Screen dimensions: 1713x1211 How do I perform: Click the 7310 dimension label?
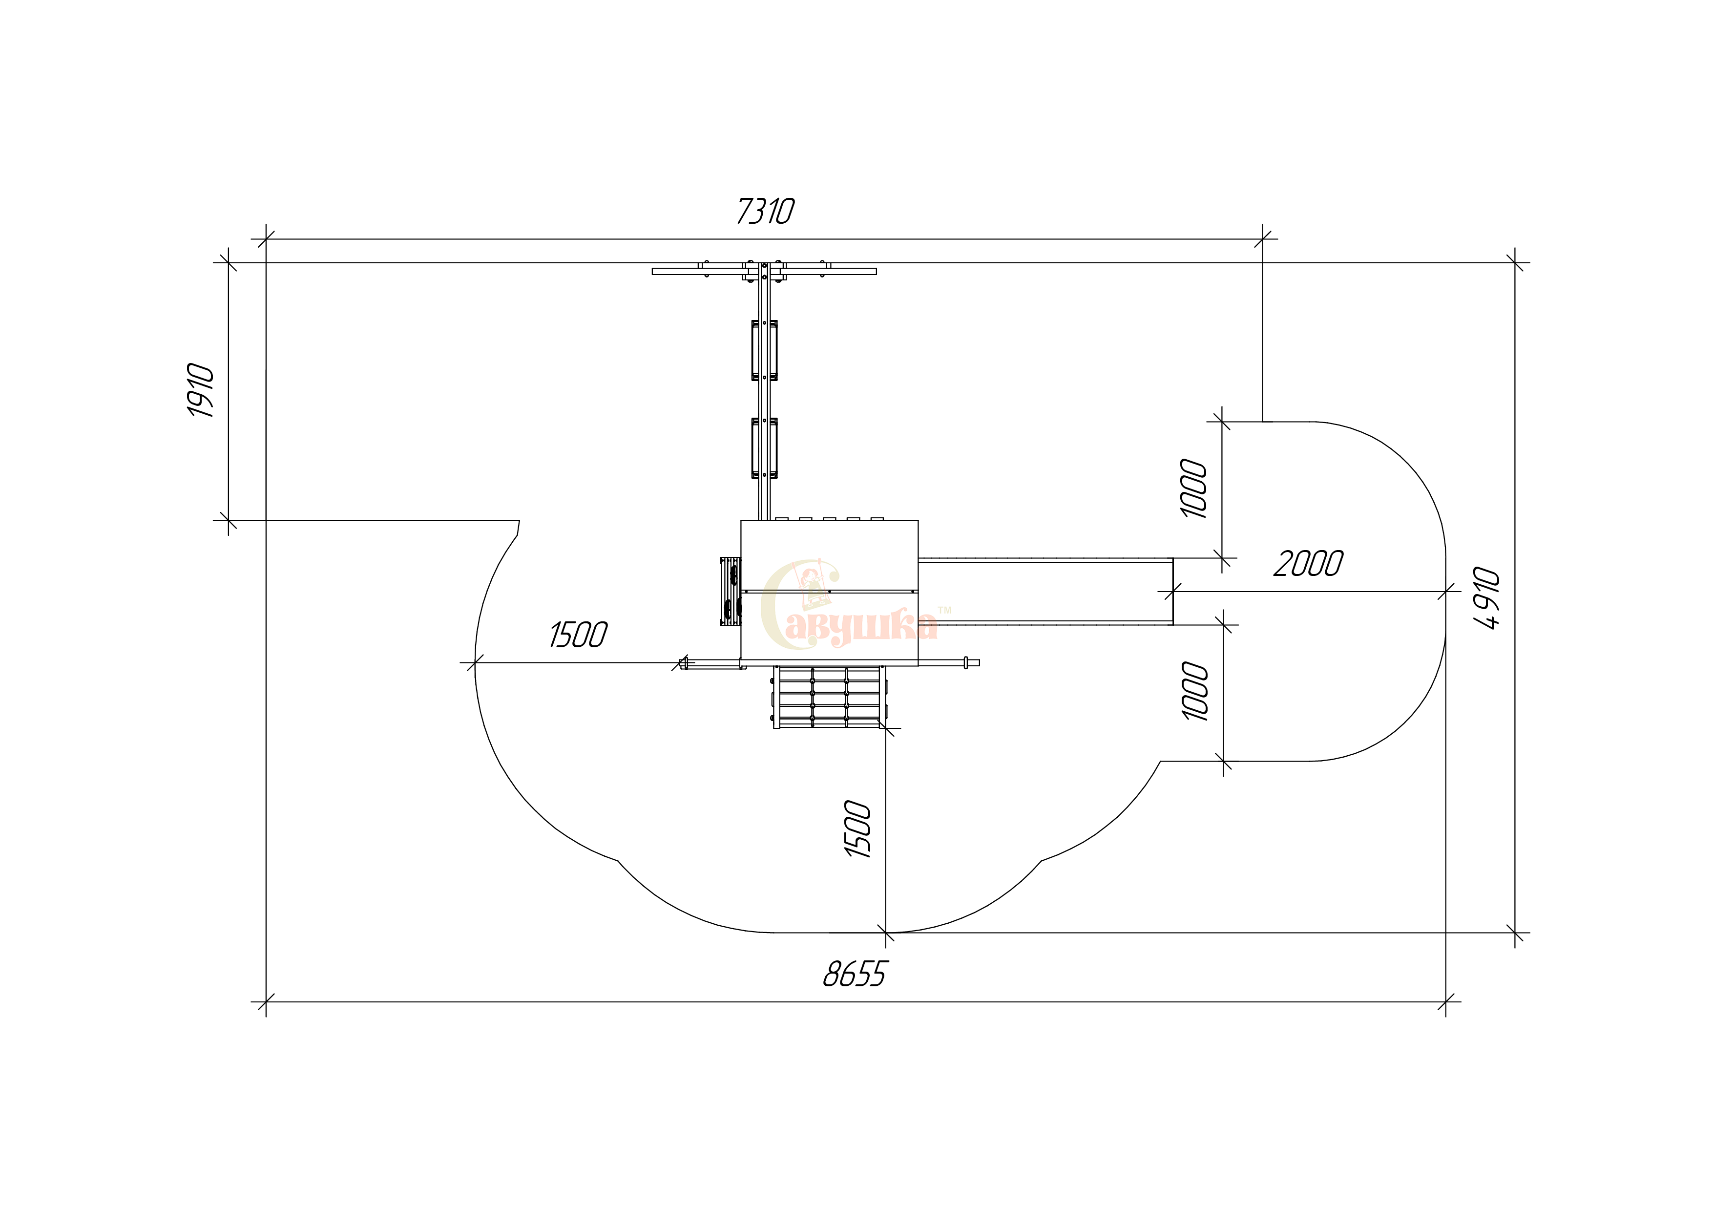tap(766, 211)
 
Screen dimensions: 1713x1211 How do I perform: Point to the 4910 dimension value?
tap(1487, 598)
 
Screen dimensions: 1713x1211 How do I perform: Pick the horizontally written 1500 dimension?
tap(578, 635)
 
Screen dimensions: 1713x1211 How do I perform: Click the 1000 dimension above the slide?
tap(1194, 489)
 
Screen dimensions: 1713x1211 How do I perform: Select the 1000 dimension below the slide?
tap(1195, 691)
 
